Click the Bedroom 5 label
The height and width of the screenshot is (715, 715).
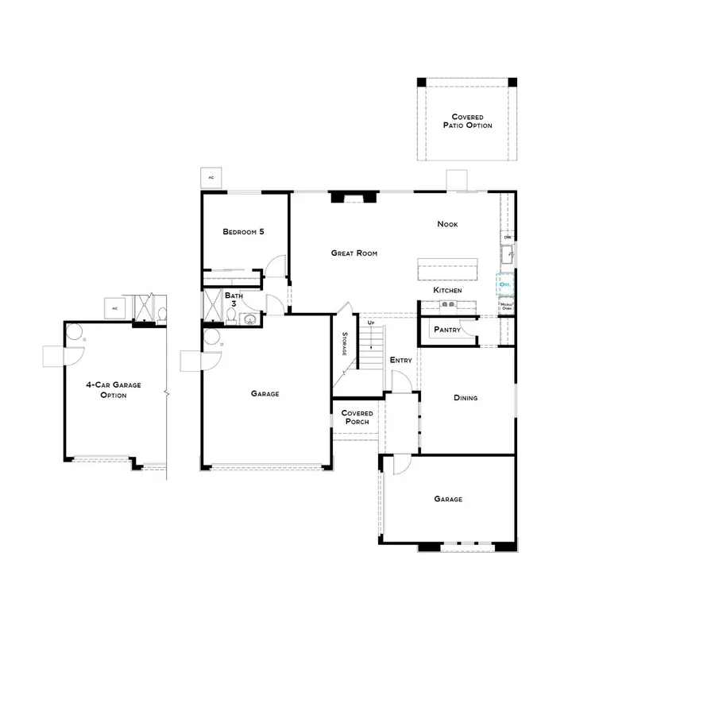[243, 232]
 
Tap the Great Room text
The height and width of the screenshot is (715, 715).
[354, 253]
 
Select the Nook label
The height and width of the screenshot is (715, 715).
[447, 224]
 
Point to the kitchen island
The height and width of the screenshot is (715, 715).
[449, 269]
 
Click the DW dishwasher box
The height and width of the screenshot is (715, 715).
[507, 237]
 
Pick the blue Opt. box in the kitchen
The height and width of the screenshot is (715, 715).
[505, 284]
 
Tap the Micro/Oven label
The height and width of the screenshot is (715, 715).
[506, 306]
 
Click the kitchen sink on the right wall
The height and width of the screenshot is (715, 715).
[507, 256]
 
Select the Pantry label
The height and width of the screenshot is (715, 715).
[447, 330]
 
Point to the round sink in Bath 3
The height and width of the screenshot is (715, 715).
[249, 320]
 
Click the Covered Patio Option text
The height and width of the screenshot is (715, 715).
[467, 121]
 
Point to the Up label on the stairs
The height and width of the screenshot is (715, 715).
[370, 323]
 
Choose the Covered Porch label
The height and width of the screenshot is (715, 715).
[357, 417]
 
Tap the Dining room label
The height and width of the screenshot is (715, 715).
[466, 398]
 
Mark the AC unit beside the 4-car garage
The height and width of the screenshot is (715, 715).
[114, 308]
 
